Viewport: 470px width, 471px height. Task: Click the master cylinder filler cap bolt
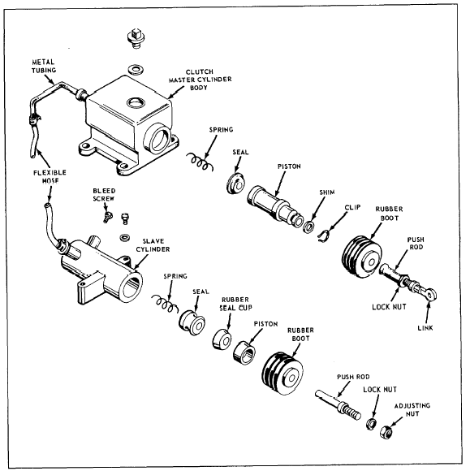[x=136, y=38]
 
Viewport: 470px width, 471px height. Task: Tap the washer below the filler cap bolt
[x=136, y=69]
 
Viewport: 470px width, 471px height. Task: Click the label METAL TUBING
[x=44, y=66]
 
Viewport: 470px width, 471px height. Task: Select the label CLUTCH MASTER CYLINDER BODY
[x=200, y=80]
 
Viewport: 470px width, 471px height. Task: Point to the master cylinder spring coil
[x=200, y=162]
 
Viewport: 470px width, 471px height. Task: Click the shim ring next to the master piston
[x=308, y=227]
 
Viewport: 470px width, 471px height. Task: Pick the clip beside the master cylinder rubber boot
[x=324, y=235]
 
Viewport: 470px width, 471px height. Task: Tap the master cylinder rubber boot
[x=362, y=257]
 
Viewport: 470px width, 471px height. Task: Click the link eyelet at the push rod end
[x=430, y=294]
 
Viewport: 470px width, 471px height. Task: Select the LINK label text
[x=425, y=328]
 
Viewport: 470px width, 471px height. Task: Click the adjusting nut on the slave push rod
[x=386, y=432]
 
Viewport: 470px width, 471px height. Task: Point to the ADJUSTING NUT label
[x=412, y=409]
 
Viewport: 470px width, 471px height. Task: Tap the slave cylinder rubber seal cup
[x=222, y=339]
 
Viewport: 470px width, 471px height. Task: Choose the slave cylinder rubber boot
[x=282, y=374]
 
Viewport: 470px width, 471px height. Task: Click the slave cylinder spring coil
[x=165, y=304]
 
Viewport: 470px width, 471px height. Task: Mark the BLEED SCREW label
[x=104, y=195]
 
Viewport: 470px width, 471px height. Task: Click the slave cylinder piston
[x=244, y=352]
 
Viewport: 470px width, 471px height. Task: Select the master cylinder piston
[x=274, y=206]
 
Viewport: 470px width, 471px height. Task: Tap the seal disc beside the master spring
[x=236, y=184]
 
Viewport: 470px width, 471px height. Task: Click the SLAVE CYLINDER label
[x=153, y=245]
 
